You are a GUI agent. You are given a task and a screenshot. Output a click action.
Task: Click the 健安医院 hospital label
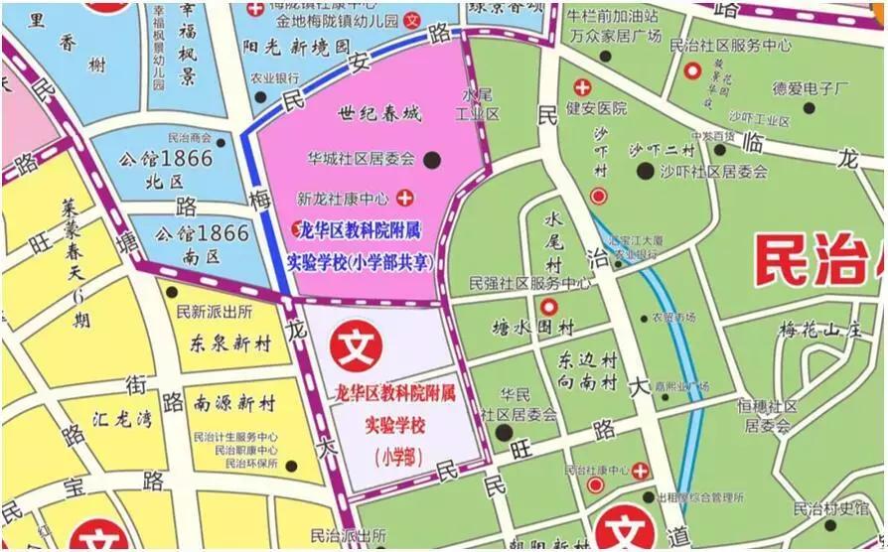pos(597,108)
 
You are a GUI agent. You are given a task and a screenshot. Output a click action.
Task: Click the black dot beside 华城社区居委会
pos(432,158)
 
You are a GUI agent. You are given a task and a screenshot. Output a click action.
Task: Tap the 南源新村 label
pos(234,404)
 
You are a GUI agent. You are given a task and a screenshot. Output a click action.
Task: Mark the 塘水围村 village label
pos(534,327)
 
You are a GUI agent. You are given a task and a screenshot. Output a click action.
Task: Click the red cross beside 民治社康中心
pos(641,470)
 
